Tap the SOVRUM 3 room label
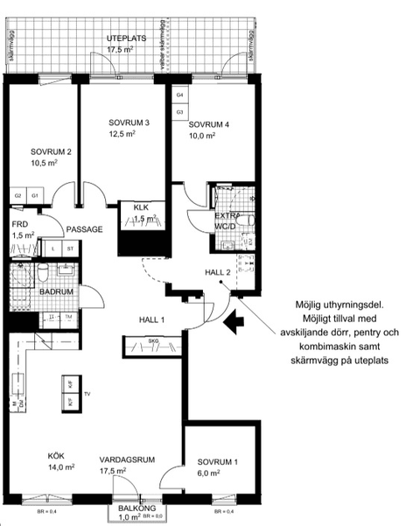129,123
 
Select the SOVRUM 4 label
208,124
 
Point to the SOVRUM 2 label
50,151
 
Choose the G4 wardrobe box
179,94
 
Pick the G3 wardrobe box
179,112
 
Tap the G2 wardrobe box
17,195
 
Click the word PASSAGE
85,229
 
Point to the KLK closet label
141,207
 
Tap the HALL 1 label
151,320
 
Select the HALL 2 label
217,273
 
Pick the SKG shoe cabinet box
151,342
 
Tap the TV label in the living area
87,395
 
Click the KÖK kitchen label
57,455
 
